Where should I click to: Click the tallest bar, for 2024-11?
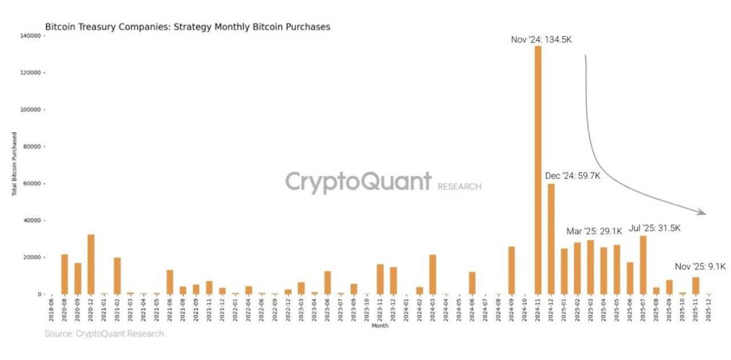click(537, 171)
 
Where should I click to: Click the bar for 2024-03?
click(432, 274)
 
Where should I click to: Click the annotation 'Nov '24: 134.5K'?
click(541, 39)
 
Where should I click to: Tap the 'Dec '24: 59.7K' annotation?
click(572, 176)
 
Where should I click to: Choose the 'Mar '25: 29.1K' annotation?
click(593, 231)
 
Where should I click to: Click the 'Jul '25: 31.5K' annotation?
click(654, 228)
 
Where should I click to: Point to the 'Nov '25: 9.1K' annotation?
click(700, 266)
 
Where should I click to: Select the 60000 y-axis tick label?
click(31, 183)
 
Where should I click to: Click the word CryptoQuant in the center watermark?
click(358, 182)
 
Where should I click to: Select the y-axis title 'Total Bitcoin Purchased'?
click(14, 165)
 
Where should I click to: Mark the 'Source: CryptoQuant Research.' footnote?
click(105, 334)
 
